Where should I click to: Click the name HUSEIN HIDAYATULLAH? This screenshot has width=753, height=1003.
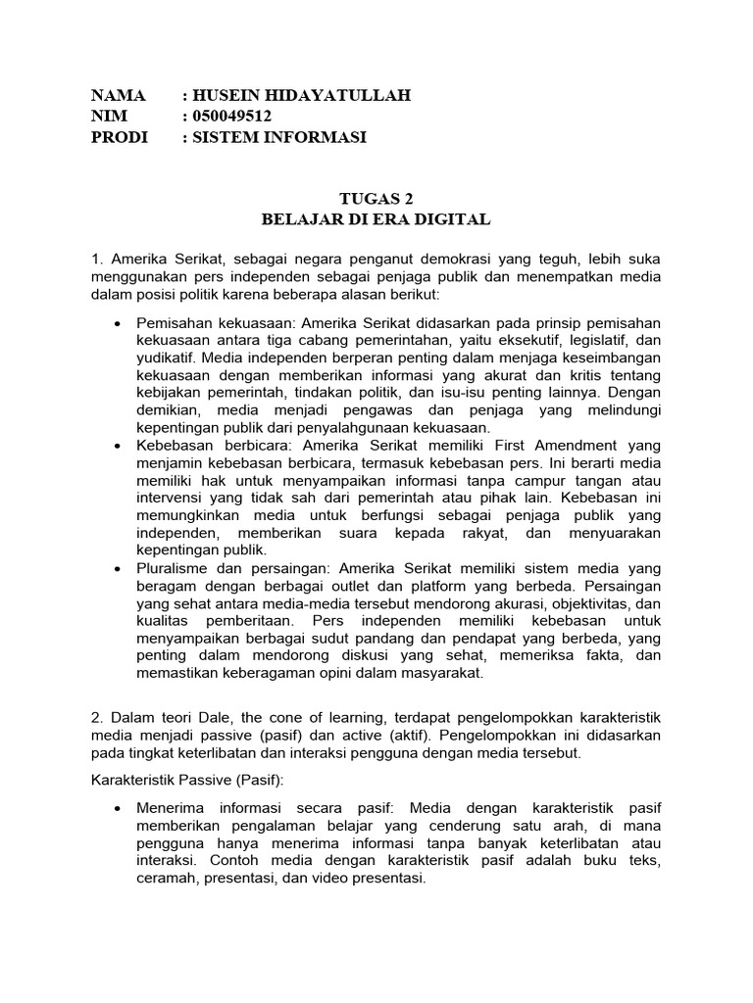302,95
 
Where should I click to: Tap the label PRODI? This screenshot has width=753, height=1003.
119,138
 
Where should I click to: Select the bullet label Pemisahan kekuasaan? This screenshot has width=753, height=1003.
218,323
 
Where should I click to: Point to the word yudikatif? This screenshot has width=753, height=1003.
166,358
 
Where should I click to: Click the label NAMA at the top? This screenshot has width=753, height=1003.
118,95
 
